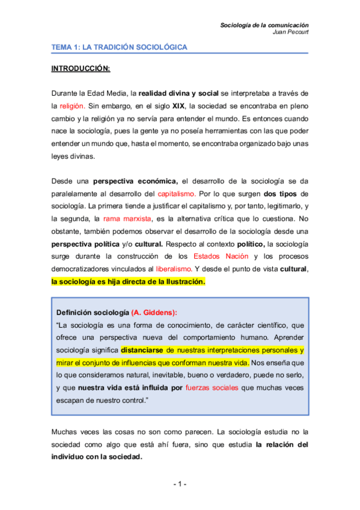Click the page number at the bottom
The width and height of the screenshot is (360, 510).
[180, 484]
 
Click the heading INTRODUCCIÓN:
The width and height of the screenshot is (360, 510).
[81, 69]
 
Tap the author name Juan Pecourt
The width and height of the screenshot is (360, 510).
[290, 32]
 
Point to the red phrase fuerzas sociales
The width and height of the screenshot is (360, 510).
[212, 388]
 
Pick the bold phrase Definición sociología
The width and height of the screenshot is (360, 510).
[92, 313]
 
